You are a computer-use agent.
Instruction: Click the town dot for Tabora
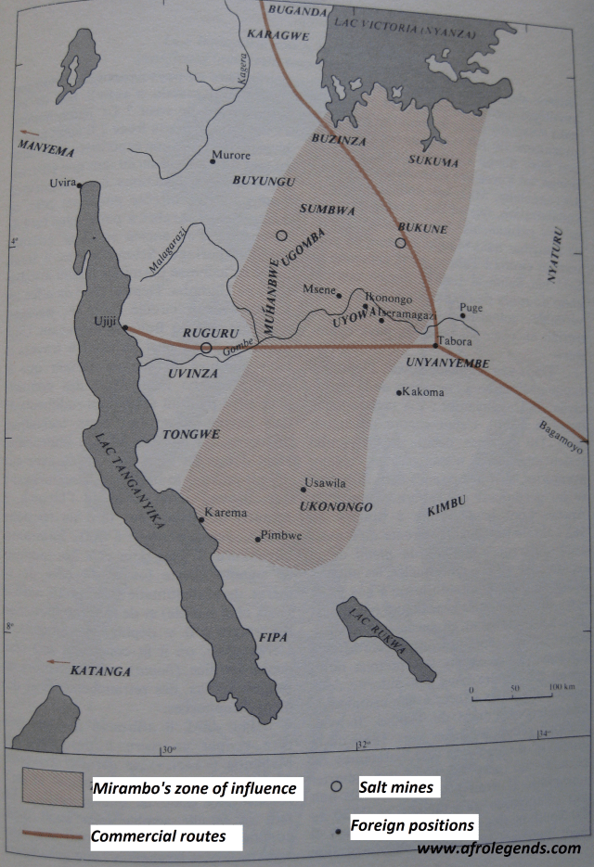[x=435, y=345]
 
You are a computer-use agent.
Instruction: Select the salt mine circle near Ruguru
[x=206, y=348]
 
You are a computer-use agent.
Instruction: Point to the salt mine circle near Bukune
[x=400, y=243]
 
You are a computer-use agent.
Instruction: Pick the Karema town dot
[x=201, y=519]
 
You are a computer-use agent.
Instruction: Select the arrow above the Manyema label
[x=31, y=133]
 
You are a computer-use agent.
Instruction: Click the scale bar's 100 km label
[x=562, y=687]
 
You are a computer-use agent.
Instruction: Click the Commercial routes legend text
[x=158, y=836]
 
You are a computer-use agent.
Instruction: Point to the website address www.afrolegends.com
[x=498, y=848]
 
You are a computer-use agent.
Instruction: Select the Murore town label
[x=232, y=156]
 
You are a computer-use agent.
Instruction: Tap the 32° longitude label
[x=362, y=743]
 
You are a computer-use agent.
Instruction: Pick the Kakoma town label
[x=424, y=392]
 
